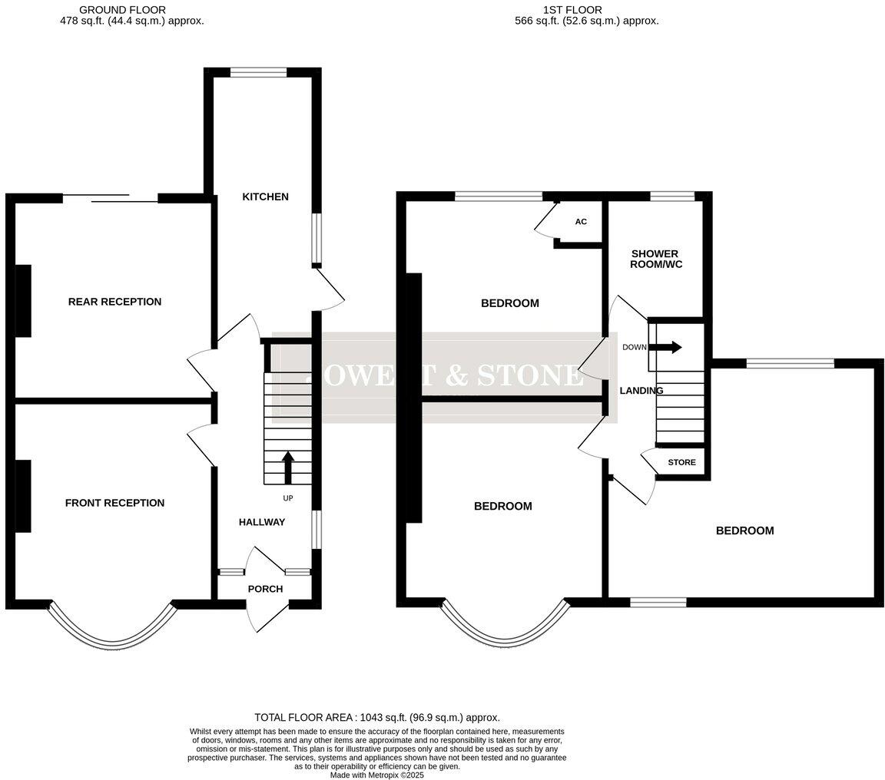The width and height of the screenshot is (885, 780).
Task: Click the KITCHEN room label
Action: pyautogui.click(x=265, y=197)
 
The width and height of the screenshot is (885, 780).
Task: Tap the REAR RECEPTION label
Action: pyautogui.click(x=114, y=302)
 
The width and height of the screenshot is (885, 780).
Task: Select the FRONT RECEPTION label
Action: pyautogui.click(x=114, y=503)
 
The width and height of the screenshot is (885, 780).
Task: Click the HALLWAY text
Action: pyautogui.click(x=261, y=522)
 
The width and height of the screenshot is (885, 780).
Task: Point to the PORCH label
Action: pyautogui.click(x=265, y=589)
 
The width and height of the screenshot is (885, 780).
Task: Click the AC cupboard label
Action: pyautogui.click(x=581, y=222)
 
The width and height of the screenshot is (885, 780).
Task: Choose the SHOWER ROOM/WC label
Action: pyautogui.click(x=655, y=259)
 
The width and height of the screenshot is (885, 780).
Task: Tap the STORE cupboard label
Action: pyautogui.click(x=681, y=462)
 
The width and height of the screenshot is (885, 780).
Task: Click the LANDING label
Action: pyautogui.click(x=641, y=391)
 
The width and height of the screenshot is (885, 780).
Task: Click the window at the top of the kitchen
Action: pyautogui.click(x=258, y=73)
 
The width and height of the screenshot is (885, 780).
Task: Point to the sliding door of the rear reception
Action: pyautogui.click(x=110, y=198)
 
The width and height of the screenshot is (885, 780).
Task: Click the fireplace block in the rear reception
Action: pyautogui.click(x=23, y=301)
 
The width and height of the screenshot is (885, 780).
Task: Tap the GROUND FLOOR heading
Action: pyautogui.click(x=122, y=10)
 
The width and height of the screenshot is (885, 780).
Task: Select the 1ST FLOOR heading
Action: pyautogui.click(x=572, y=10)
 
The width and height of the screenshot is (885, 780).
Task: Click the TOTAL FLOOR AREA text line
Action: pyautogui.click(x=376, y=716)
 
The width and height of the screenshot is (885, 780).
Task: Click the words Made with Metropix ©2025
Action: pyautogui.click(x=376, y=775)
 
